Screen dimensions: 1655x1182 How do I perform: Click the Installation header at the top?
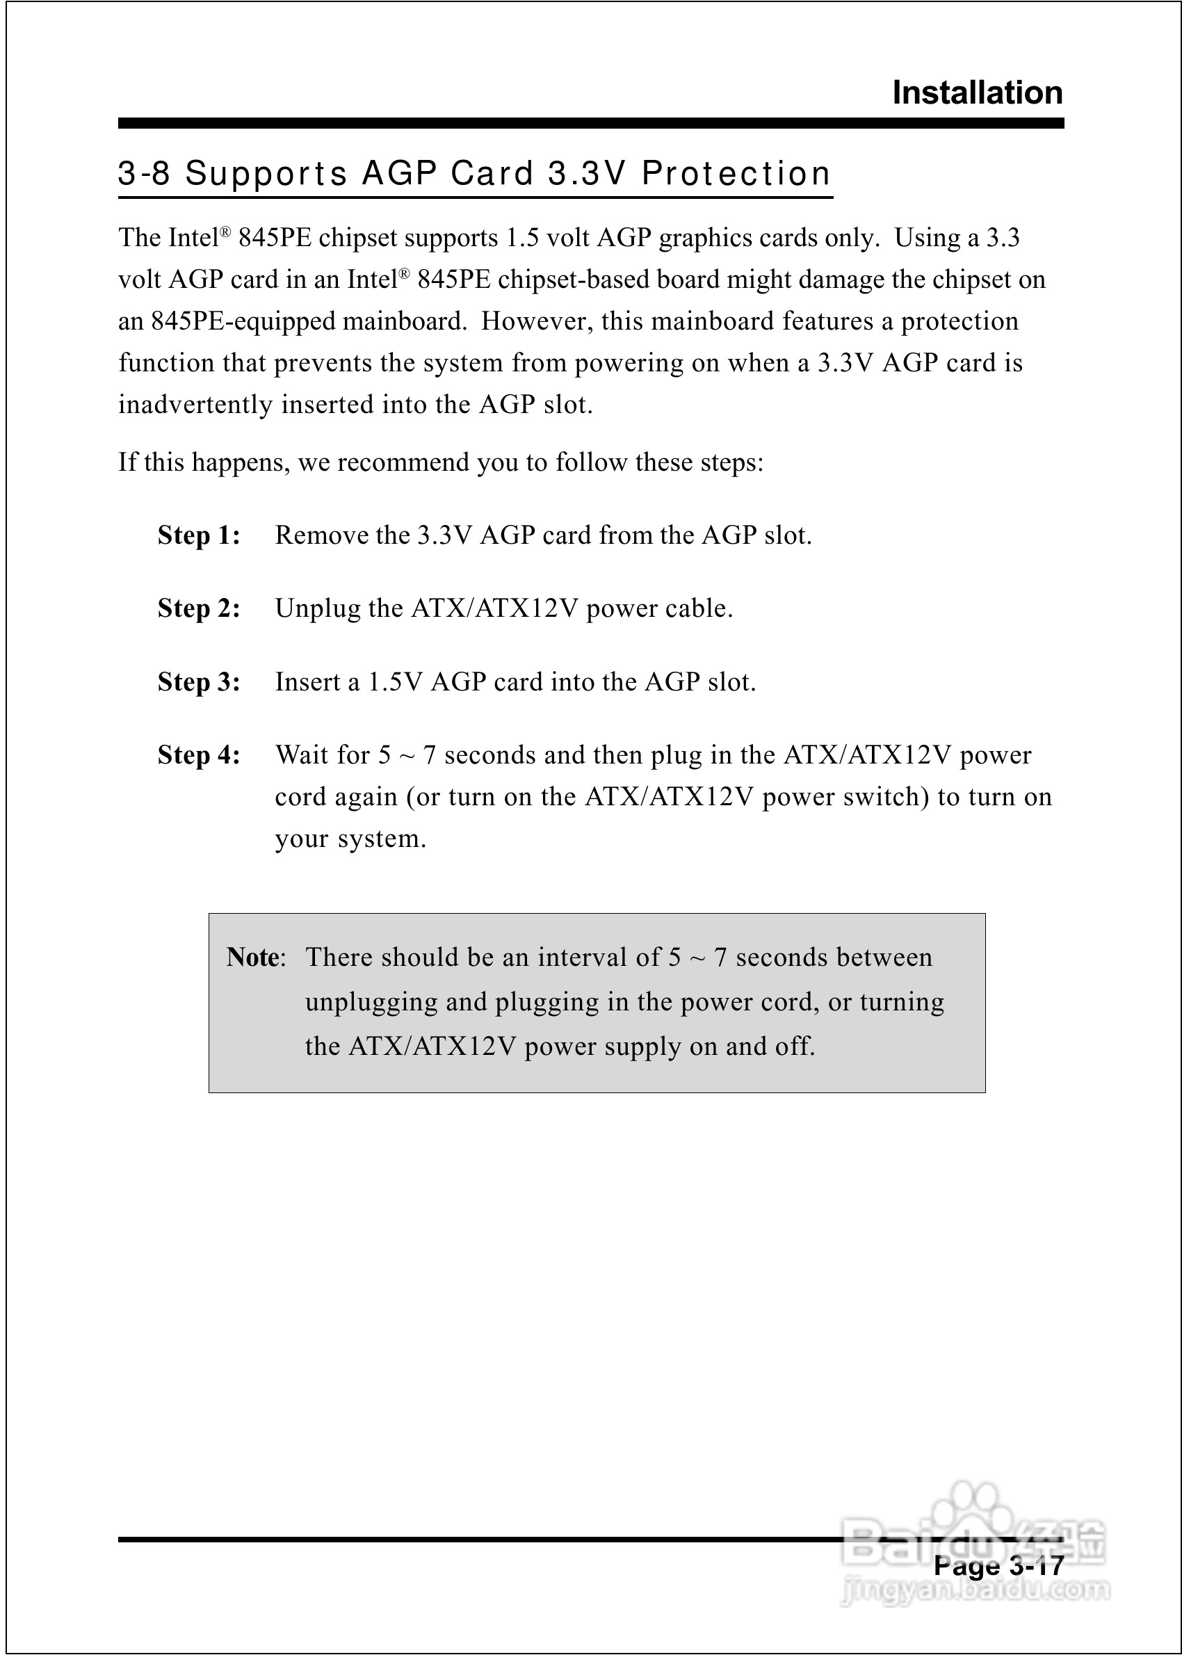pos(977,93)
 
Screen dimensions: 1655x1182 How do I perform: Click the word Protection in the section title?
pos(736,174)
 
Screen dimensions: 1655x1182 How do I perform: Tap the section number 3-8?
pos(144,174)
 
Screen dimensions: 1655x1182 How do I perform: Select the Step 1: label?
pos(199,535)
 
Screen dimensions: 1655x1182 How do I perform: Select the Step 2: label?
pos(199,608)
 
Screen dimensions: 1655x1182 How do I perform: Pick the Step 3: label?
pos(199,682)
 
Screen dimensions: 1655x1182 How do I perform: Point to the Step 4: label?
pos(199,755)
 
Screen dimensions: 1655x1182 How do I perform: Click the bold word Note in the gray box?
pos(252,957)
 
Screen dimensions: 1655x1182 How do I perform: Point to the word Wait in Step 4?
pos(300,755)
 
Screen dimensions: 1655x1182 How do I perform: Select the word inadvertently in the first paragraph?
pos(196,405)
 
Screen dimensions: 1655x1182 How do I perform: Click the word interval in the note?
pos(583,957)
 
